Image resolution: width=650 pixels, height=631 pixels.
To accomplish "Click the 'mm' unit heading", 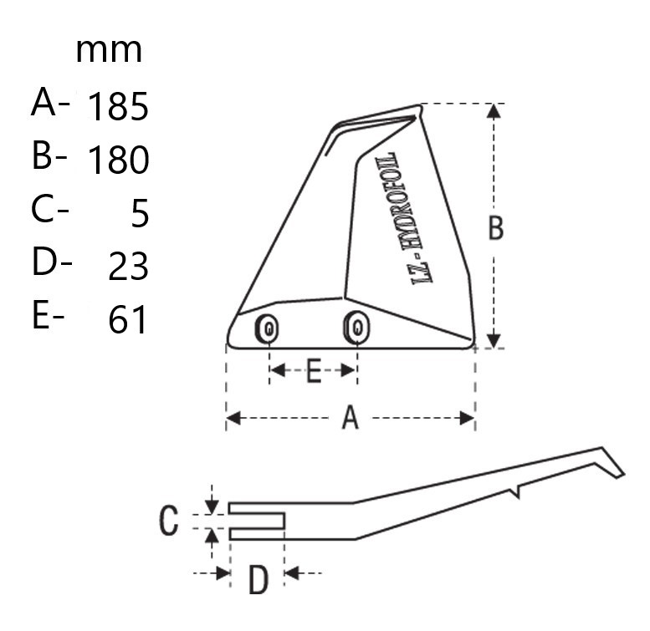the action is pos(109,51).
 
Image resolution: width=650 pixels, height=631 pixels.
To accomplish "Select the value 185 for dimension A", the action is pos(118,106).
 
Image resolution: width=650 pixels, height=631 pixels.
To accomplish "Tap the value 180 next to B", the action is pos(118,160).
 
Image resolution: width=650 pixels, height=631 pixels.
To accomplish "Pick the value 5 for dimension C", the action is pos(140,213).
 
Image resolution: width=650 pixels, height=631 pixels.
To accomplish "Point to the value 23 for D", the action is pos(128,267).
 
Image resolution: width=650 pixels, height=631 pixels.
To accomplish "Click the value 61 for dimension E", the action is pos(128,319).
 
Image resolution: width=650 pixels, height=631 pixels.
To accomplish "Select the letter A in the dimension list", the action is pos(44,103).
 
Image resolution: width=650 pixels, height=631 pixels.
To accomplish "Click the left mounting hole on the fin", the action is pos(267,328).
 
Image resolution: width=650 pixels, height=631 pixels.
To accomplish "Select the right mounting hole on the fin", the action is pos(356,328).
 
